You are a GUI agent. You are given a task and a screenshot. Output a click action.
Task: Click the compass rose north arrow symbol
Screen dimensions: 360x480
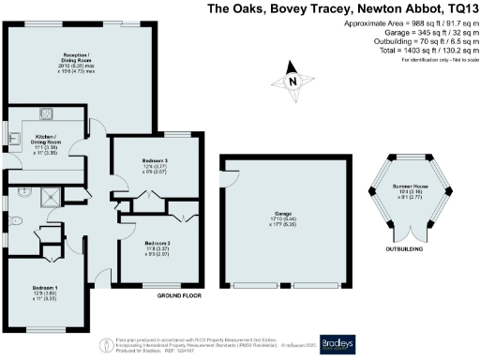(x=293, y=81)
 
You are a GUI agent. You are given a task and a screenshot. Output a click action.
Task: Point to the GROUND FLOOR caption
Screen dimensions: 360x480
(x=181, y=296)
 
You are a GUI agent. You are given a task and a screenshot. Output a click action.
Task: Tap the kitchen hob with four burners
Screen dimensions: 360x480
(x=44, y=114)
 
